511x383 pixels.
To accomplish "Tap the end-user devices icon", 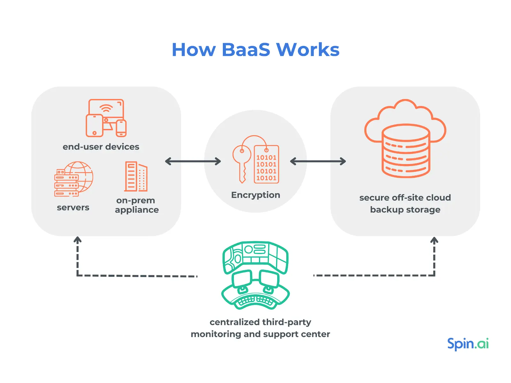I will click(x=106, y=118).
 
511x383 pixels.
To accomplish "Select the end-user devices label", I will click(x=101, y=147).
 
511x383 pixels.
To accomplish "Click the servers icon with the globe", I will click(x=73, y=179).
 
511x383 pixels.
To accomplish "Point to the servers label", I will click(x=73, y=207).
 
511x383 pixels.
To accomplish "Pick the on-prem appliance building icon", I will click(x=136, y=176).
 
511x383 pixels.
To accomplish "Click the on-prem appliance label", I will click(x=137, y=205).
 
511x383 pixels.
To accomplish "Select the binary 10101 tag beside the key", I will click(x=266, y=165).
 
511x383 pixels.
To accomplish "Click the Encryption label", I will click(x=256, y=195).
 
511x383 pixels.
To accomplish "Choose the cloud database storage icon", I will click(x=405, y=139).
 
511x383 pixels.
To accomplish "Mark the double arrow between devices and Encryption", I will click(x=193, y=161).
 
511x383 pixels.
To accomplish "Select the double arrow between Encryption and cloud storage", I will click(x=318, y=161).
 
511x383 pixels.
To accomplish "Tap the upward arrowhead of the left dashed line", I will click(x=78, y=240).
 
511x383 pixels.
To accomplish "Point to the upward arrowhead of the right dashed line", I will click(x=434, y=240).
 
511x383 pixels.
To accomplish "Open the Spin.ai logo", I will click(x=468, y=344).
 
